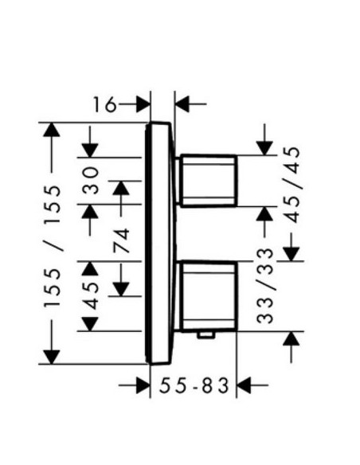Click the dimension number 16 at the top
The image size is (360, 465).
(x=104, y=104)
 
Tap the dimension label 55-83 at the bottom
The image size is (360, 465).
(x=194, y=385)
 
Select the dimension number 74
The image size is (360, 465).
(x=122, y=240)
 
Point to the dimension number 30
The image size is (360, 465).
(x=90, y=181)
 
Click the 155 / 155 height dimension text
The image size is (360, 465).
(x=53, y=246)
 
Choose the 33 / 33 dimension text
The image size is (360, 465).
(x=264, y=286)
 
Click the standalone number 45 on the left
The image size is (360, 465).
(x=90, y=296)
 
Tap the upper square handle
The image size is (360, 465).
(x=208, y=180)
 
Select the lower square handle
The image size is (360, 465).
(x=208, y=296)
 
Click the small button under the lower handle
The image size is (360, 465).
(x=206, y=335)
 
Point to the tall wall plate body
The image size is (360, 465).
(x=160, y=243)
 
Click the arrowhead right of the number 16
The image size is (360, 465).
(x=143, y=104)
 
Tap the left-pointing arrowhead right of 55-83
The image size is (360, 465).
(x=244, y=385)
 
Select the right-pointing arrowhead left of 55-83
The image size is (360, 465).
(x=143, y=385)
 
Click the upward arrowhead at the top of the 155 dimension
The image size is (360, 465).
(x=52, y=130)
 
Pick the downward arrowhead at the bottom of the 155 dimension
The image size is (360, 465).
(x=52, y=357)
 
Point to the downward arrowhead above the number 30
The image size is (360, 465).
(x=90, y=150)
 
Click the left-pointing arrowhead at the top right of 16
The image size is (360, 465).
(x=182, y=104)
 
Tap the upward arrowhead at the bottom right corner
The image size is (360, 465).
(x=292, y=338)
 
